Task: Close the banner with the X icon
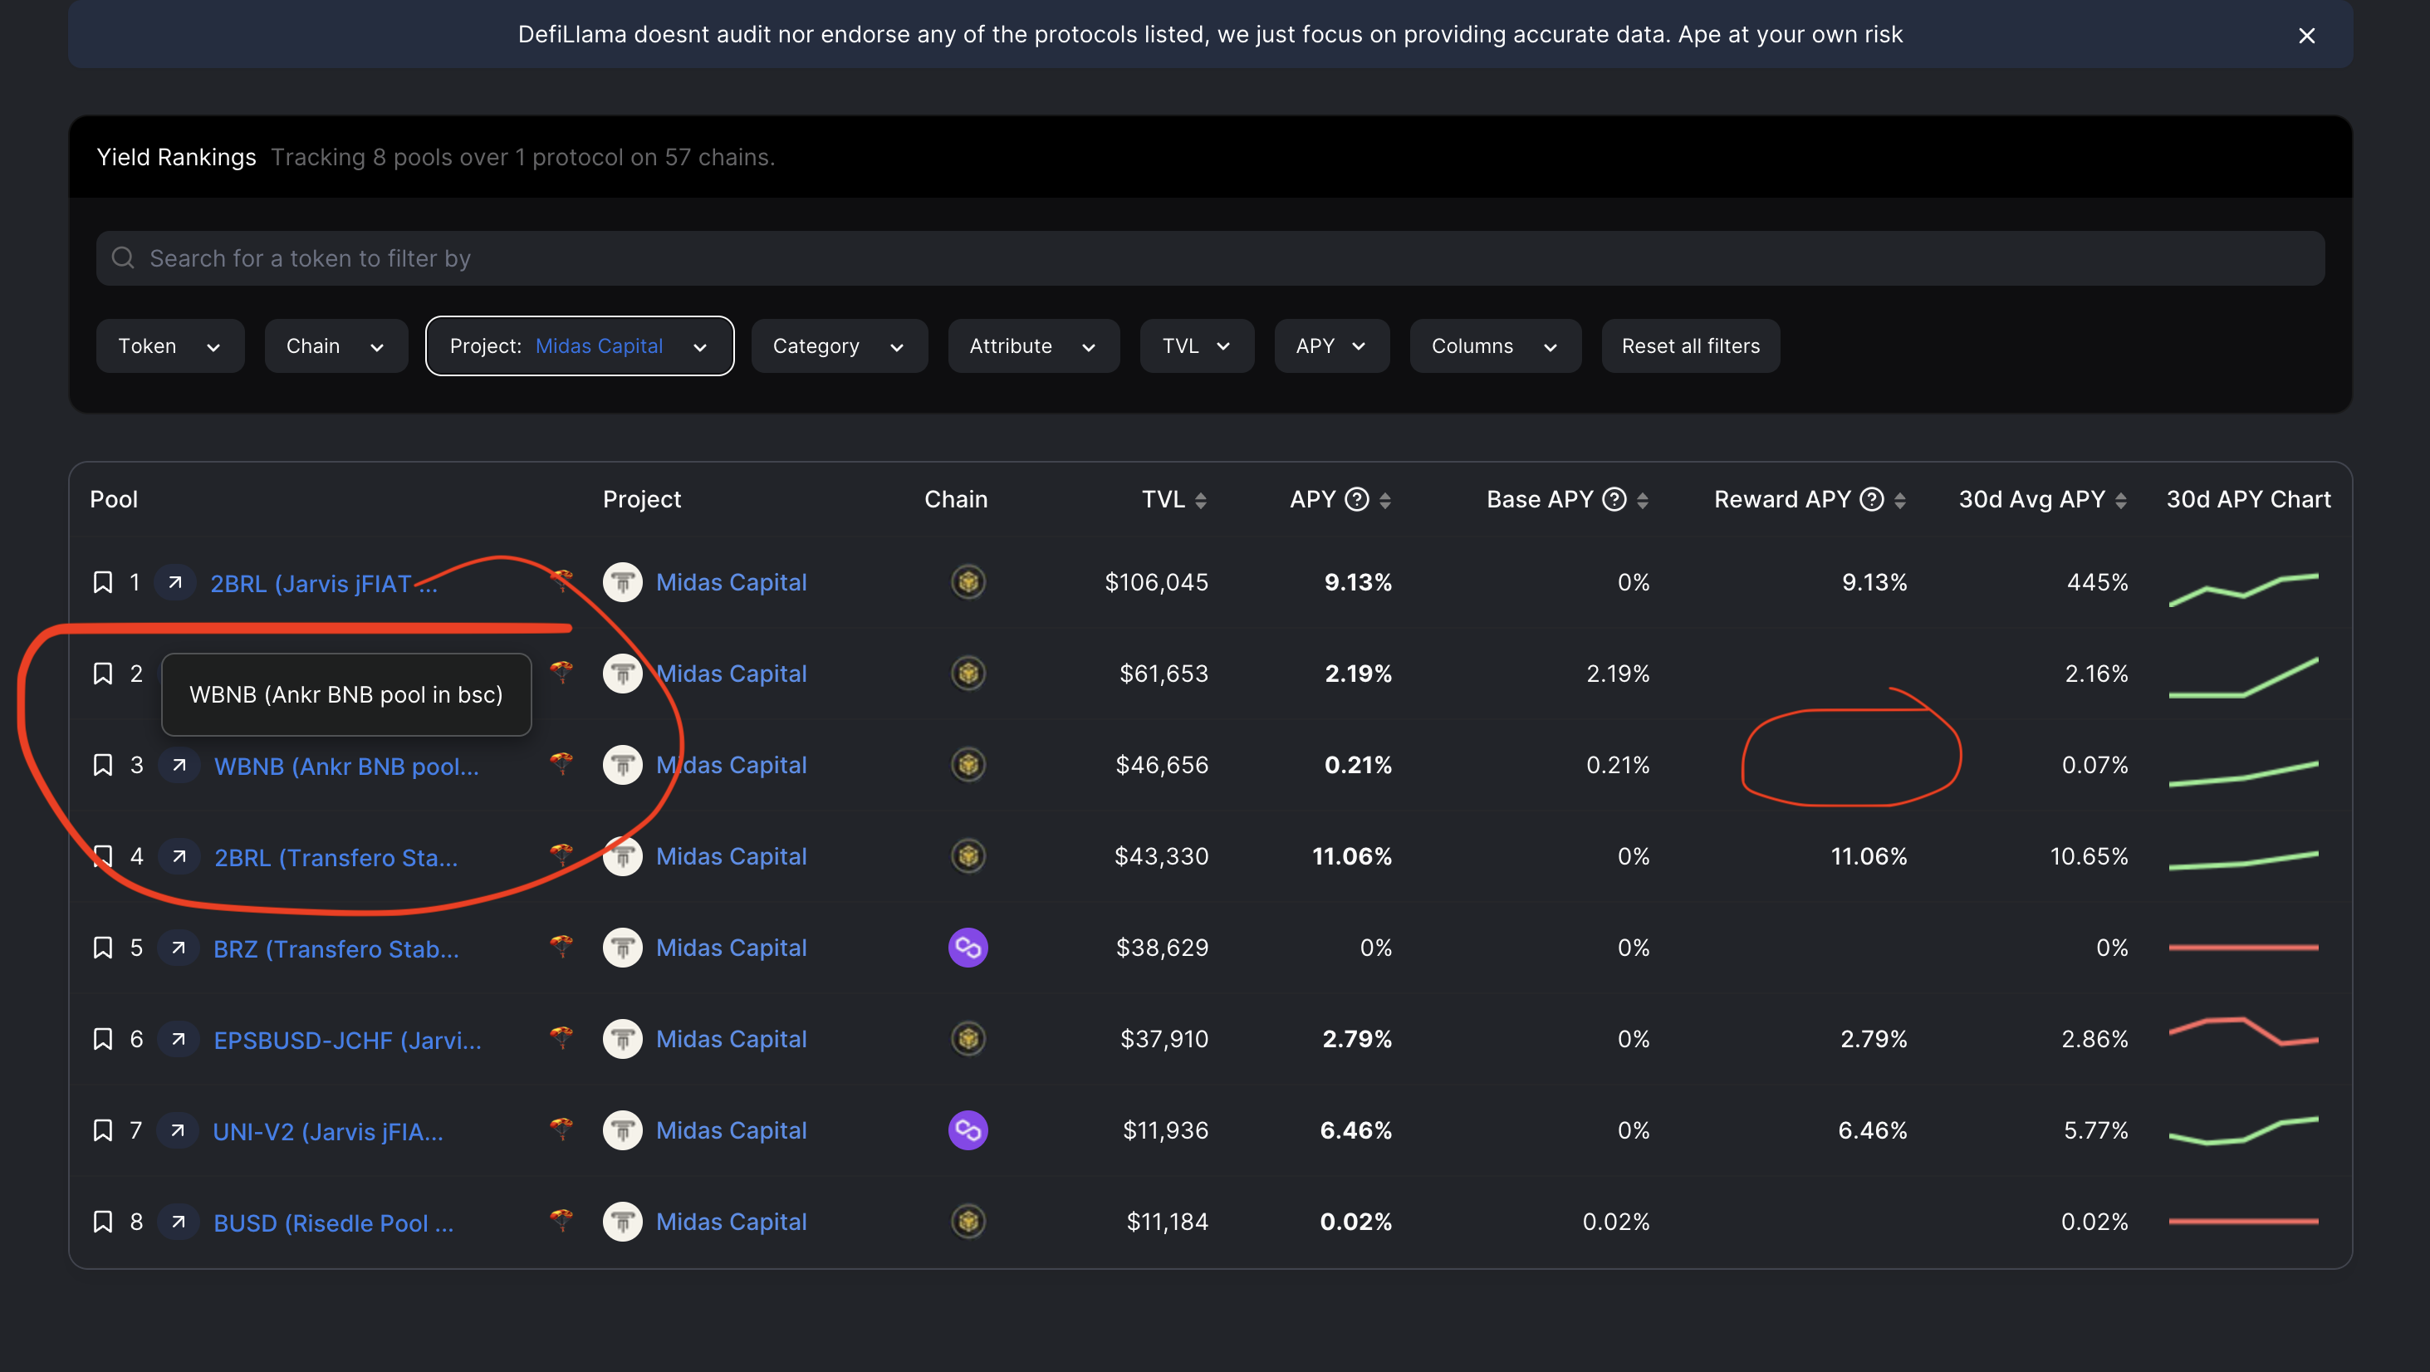click(x=2305, y=36)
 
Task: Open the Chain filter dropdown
click(x=335, y=346)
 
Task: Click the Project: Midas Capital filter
click(x=578, y=346)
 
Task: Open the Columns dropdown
click(x=1493, y=346)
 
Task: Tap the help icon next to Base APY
click(x=1614, y=499)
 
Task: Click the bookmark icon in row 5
click(x=103, y=948)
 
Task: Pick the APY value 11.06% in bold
click(x=1351, y=856)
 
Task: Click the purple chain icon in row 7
click(x=967, y=1129)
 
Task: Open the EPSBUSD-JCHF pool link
click(x=347, y=1040)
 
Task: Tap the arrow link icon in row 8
click(x=179, y=1222)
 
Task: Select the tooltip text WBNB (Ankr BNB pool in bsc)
click(x=345, y=694)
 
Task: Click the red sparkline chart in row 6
click(x=2242, y=1031)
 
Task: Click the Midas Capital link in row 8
click(x=730, y=1222)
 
